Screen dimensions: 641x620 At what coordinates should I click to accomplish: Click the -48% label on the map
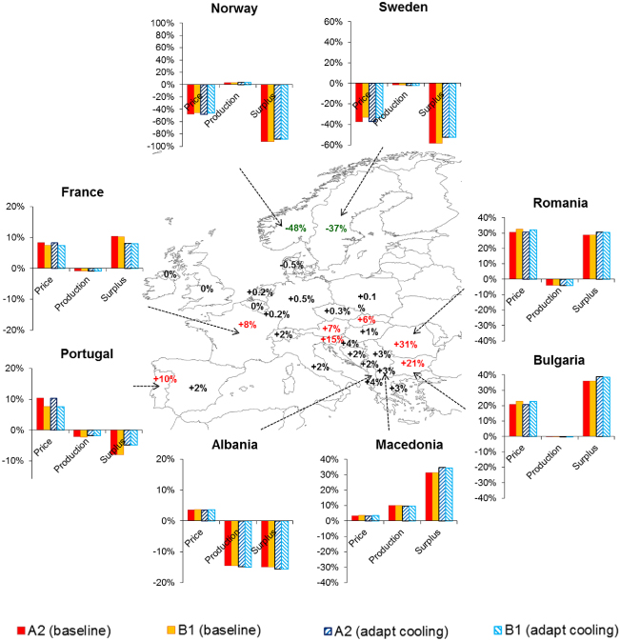click(294, 228)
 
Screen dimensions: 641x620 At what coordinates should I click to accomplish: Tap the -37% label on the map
click(335, 228)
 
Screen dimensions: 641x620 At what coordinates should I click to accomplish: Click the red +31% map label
click(406, 344)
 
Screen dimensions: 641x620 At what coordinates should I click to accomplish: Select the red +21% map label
click(412, 363)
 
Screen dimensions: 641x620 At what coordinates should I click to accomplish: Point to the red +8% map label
click(247, 325)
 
